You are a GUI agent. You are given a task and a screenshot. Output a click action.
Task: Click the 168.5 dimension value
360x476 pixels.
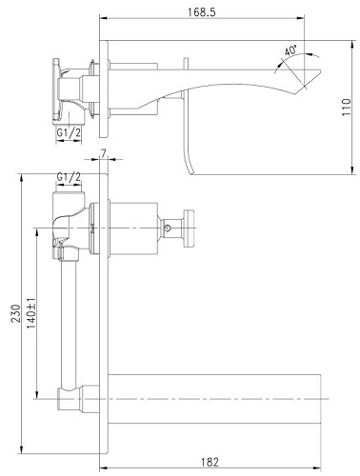(x=202, y=12)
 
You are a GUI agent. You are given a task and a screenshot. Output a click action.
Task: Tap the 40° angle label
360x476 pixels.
(x=290, y=50)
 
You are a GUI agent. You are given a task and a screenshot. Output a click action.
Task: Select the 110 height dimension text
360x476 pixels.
(x=347, y=107)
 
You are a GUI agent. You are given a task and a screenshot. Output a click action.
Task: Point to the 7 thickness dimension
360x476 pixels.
(x=104, y=153)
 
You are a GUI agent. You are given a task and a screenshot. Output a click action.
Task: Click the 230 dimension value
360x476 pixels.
(x=15, y=313)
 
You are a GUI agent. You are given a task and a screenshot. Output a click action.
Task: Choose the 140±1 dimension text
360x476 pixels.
(x=30, y=313)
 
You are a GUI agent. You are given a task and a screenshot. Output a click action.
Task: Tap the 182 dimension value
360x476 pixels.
(x=210, y=462)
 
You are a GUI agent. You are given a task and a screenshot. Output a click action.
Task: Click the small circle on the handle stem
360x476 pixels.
(x=168, y=228)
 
